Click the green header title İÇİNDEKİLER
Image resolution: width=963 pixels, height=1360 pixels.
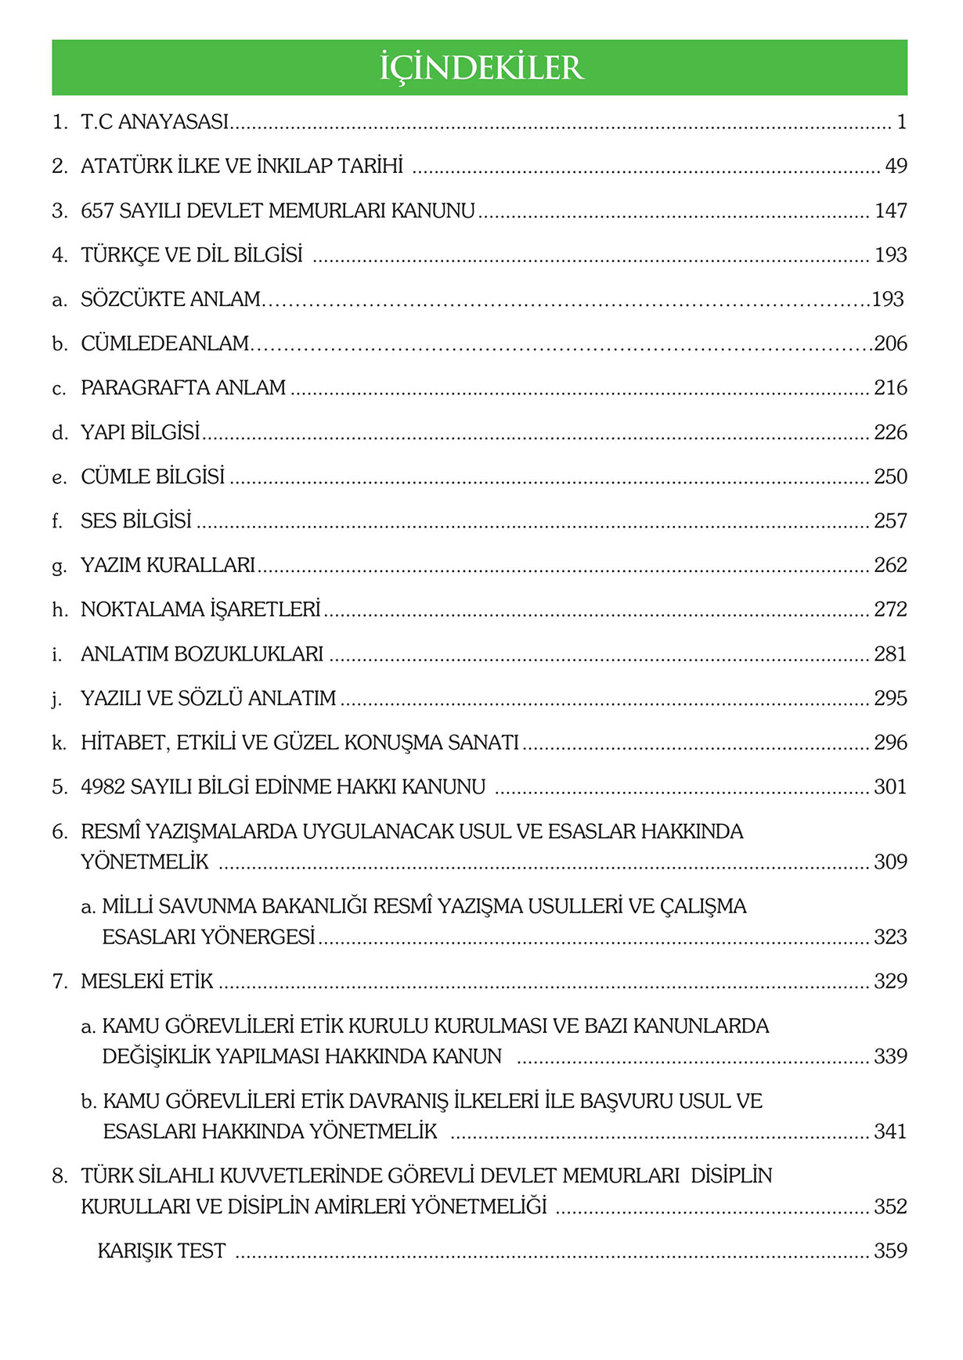[481, 68]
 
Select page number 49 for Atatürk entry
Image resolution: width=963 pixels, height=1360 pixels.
[896, 166]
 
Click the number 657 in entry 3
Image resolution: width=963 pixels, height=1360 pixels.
[98, 210]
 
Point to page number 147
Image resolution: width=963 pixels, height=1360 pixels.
[891, 210]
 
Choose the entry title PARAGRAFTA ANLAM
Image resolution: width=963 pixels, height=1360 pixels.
[183, 388]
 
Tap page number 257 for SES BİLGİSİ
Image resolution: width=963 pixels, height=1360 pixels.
[891, 521]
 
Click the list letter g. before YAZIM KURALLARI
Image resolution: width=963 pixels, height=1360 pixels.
[60, 566]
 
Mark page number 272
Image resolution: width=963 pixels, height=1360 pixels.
[891, 610]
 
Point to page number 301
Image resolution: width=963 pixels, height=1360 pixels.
[891, 787]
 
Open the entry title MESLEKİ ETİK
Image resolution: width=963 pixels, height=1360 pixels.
[147, 981]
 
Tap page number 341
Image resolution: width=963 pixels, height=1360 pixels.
[891, 1132]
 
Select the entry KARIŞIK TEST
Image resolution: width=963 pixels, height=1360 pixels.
[161, 1251]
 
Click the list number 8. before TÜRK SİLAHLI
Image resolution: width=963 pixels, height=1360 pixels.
[60, 1176]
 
